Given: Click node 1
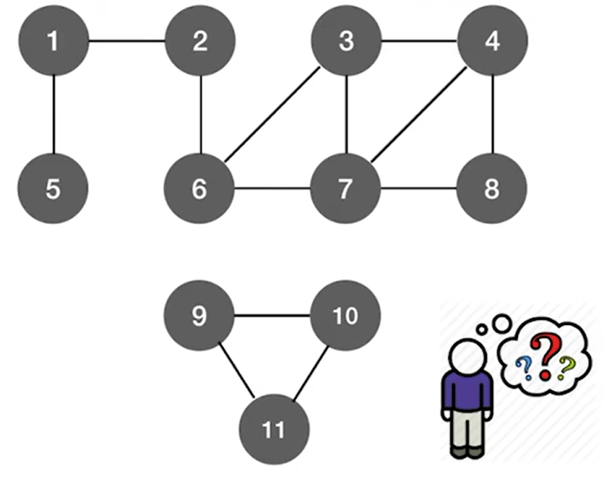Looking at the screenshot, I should (54, 42).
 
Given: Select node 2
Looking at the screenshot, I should (200, 42).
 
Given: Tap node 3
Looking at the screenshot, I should (346, 42).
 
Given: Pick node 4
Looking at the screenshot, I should (493, 42).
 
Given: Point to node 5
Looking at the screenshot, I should (54, 189).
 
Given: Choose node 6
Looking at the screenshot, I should (200, 189).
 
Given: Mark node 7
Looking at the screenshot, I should (346, 189).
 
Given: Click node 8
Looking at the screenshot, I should (493, 189).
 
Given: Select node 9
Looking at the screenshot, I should (200, 315).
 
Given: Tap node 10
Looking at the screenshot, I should (345, 315).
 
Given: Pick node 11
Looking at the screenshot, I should (272, 429).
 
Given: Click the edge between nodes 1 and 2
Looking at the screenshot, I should (127, 42).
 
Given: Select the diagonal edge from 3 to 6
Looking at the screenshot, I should (273, 115).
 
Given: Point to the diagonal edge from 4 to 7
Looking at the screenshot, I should (420, 115).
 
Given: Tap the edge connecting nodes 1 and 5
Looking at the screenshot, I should (54, 115).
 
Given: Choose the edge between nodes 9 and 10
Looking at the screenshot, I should (272, 315).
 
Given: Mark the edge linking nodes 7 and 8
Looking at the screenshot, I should (420, 189).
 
